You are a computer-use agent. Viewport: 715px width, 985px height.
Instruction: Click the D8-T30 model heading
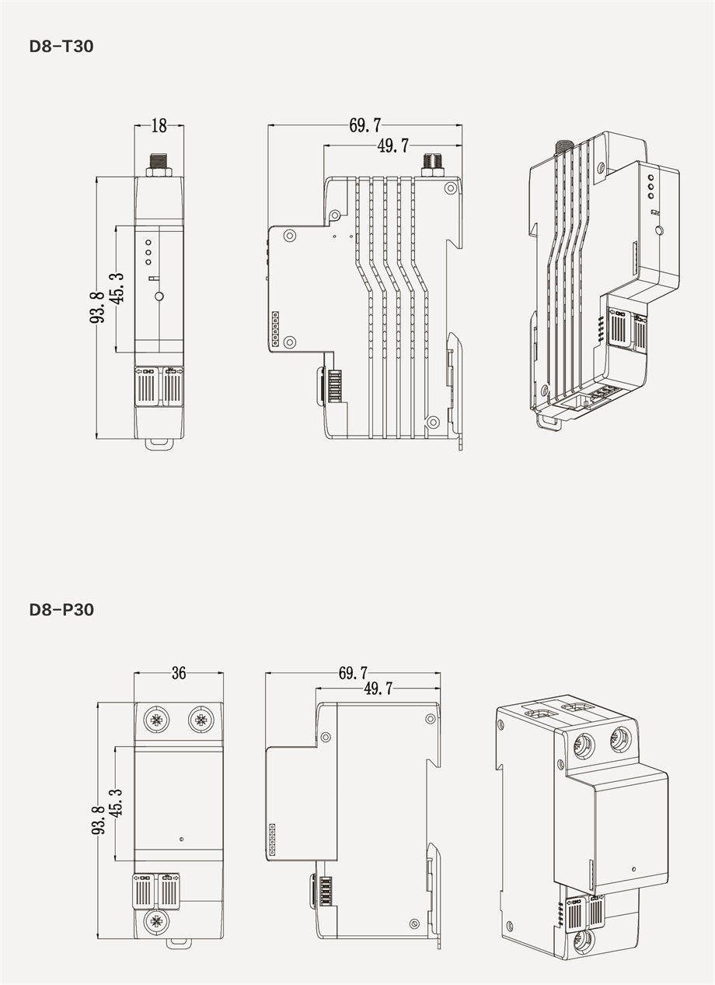click(61, 46)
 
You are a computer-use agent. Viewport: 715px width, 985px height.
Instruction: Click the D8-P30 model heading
click(61, 609)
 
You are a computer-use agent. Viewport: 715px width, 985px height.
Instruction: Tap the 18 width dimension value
click(159, 125)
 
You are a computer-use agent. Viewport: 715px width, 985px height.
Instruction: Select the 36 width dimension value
click(179, 673)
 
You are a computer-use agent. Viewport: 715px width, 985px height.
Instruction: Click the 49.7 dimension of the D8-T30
click(393, 145)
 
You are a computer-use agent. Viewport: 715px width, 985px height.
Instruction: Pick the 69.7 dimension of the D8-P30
click(354, 674)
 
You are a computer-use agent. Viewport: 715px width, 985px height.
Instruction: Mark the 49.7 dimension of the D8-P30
click(378, 689)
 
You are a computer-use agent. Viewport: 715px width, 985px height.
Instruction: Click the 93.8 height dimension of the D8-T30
click(97, 307)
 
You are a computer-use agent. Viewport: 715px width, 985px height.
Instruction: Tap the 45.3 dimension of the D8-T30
click(117, 289)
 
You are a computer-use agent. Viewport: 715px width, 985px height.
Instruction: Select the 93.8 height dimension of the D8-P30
click(98, 820)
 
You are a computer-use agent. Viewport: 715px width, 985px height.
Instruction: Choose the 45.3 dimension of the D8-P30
click(116, 804)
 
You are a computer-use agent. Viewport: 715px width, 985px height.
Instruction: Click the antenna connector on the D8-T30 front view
click(159, 164)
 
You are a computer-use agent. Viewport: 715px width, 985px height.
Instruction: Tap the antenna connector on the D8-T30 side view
click(432, 164)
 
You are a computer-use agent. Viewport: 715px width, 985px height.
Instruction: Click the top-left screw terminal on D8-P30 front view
click(156, 720)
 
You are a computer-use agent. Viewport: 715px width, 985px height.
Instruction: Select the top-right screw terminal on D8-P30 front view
click(201, 720)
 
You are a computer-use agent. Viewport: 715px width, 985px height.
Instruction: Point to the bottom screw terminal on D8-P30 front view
click(156, 922)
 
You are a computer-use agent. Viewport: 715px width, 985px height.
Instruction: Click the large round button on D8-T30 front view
click(159, 296)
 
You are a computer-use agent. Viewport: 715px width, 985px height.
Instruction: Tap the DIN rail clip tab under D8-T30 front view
click(159, 444)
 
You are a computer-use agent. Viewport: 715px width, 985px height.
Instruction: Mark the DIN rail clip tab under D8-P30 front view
click(179, 943)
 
